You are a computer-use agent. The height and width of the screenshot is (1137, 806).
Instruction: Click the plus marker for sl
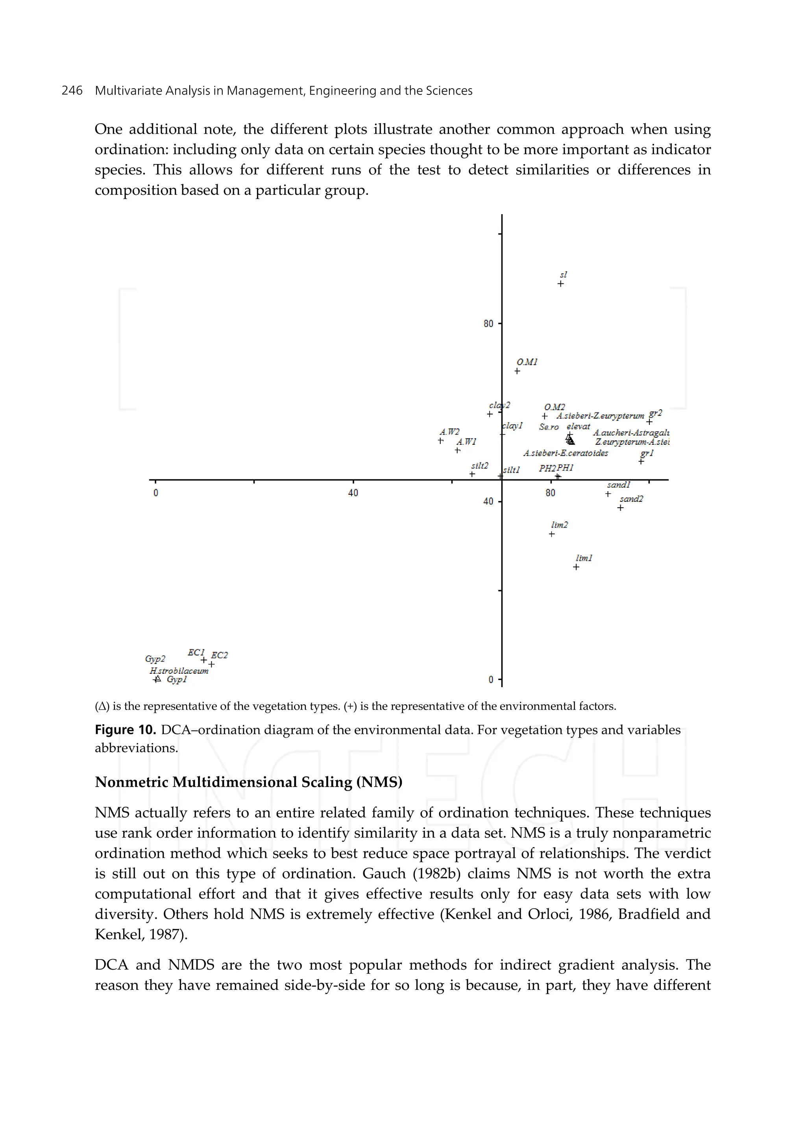[x=560, y=284]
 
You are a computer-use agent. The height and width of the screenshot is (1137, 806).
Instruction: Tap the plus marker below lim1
[x=576, y=567]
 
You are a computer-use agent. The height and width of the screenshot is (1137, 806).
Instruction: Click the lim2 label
[x=559, y=525]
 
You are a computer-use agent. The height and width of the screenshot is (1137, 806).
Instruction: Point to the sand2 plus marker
[x=620, y=508]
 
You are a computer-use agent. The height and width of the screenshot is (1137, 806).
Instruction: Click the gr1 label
[x=647, y=453]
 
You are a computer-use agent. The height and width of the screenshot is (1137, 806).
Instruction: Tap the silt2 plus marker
[x=472, y=474]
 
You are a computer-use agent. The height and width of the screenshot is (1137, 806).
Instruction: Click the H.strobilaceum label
[x=179, y=671]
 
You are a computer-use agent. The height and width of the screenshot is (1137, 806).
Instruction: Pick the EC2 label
[x=219, y=655]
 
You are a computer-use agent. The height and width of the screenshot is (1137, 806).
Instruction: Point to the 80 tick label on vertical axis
[x=488, y=324]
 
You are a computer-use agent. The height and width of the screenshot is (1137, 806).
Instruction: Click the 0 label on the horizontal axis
[x=156, y=493]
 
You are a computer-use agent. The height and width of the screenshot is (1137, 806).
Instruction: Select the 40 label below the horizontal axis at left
[x=353, y=493]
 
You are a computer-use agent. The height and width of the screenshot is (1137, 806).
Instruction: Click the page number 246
[x=72, y=91]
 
